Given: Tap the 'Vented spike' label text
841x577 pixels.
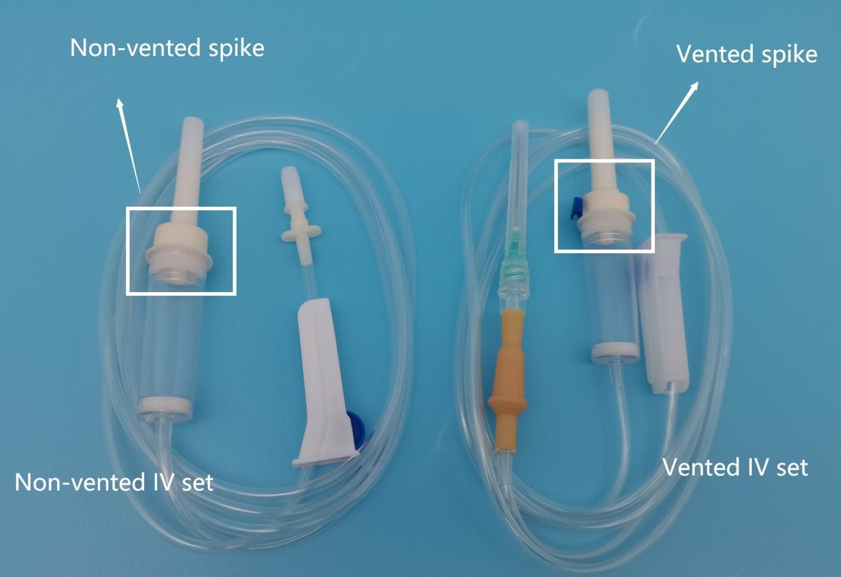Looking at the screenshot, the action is [747, 55].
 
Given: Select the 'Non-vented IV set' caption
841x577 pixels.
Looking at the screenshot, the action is [114, 482].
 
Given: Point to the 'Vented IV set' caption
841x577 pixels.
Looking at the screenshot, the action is [735, 467].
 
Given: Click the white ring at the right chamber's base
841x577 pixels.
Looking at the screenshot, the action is [615, 351].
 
